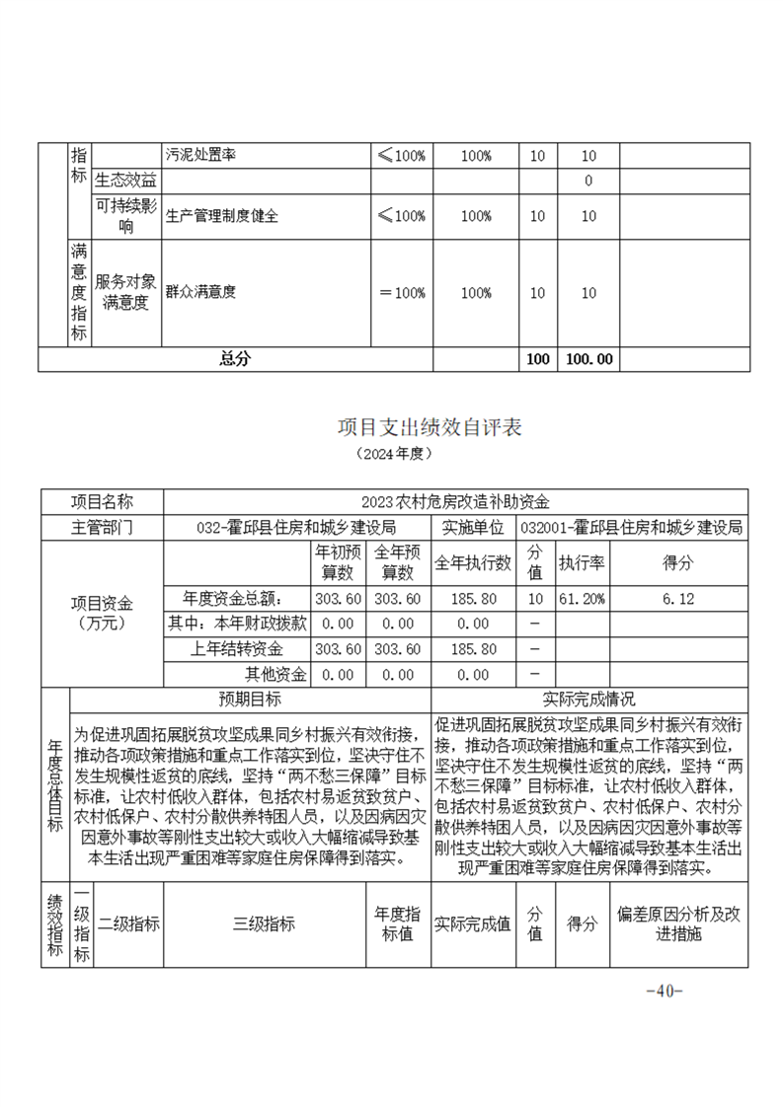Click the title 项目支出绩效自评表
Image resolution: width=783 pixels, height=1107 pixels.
point(429,428)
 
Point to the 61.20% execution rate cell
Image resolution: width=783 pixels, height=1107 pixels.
point(582,599)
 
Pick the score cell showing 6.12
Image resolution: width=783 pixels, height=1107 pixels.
point(681,599)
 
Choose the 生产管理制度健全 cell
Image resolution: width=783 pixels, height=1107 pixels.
point(222,216)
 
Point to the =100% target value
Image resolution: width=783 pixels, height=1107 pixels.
point(403,292)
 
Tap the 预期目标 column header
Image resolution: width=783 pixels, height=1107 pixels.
point(250,699)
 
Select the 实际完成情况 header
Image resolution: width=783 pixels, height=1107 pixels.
point(589,699)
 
